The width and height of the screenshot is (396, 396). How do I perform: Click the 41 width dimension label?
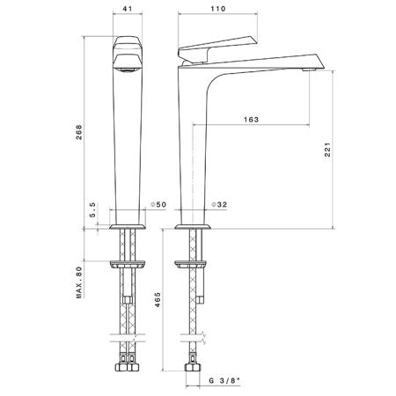[x=128, y=9]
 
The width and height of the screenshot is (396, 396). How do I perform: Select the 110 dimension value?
[x=218, y=9]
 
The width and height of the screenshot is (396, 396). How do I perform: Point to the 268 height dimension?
[x=79, y=132]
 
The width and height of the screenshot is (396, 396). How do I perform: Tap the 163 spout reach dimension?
[x=251, y=120]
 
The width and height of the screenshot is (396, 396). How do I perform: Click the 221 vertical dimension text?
[x=327, y=150]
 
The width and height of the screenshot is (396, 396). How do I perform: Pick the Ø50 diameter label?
[x=158, y=204]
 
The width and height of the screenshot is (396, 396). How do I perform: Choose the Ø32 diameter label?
[x=219, y=204]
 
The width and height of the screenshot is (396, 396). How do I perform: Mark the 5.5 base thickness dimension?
[x=92, y=209]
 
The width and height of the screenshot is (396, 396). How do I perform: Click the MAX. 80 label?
[x=79, y=282]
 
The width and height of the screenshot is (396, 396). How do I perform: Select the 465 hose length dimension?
[x=158, y=299]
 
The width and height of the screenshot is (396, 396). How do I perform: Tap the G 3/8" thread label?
[x=224, y=381]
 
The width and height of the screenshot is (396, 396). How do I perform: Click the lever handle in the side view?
[x=217, y=49]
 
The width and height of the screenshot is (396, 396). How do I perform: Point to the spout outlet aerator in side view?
[x=308, y=70]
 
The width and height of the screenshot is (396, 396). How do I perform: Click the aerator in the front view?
[x=128, y=70]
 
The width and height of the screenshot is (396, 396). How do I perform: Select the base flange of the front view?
[x=128, y=227]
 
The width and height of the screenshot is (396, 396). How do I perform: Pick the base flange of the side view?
[x=193, y=227]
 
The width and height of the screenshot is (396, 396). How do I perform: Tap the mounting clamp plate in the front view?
[x=128, y=264]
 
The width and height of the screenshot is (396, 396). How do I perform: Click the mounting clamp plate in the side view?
[x=191, y=264]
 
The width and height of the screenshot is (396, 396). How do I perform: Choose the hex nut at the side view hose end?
[x=193, y=367]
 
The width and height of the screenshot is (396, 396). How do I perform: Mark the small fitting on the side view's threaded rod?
[x=200, y=300]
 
